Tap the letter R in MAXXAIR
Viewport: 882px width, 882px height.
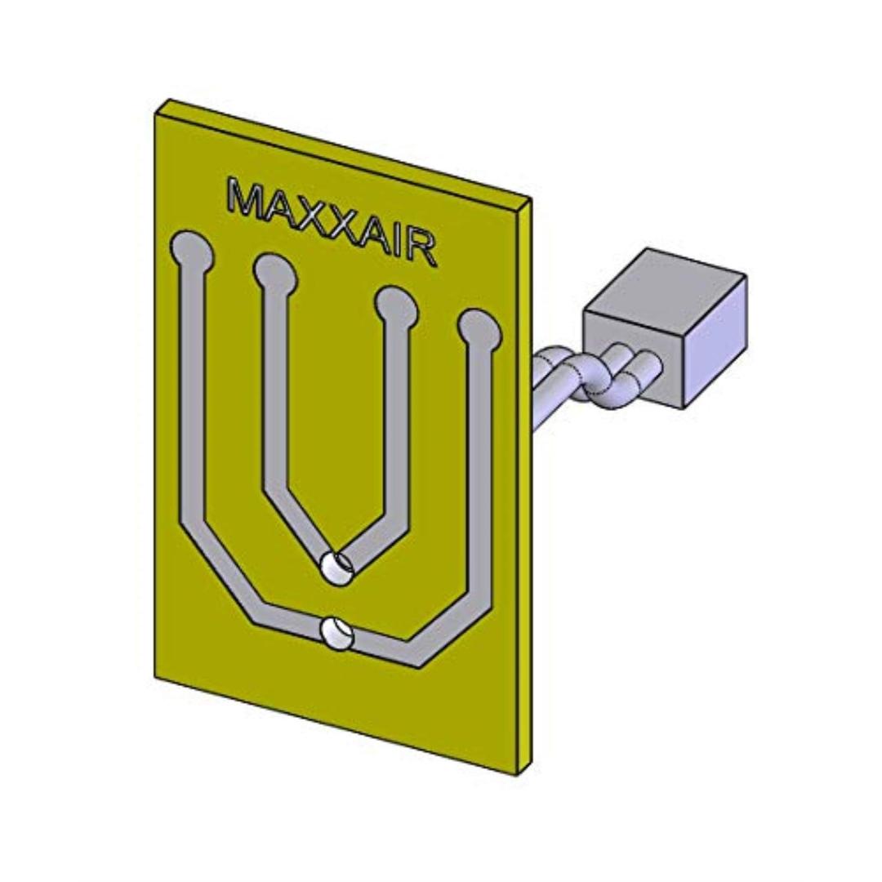[x=420, y=250]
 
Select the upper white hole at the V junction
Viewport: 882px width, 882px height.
[x=335, y=567]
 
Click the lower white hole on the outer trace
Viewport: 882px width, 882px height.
[x=335, y=634]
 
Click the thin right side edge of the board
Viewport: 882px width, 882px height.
[x=527, y=490]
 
